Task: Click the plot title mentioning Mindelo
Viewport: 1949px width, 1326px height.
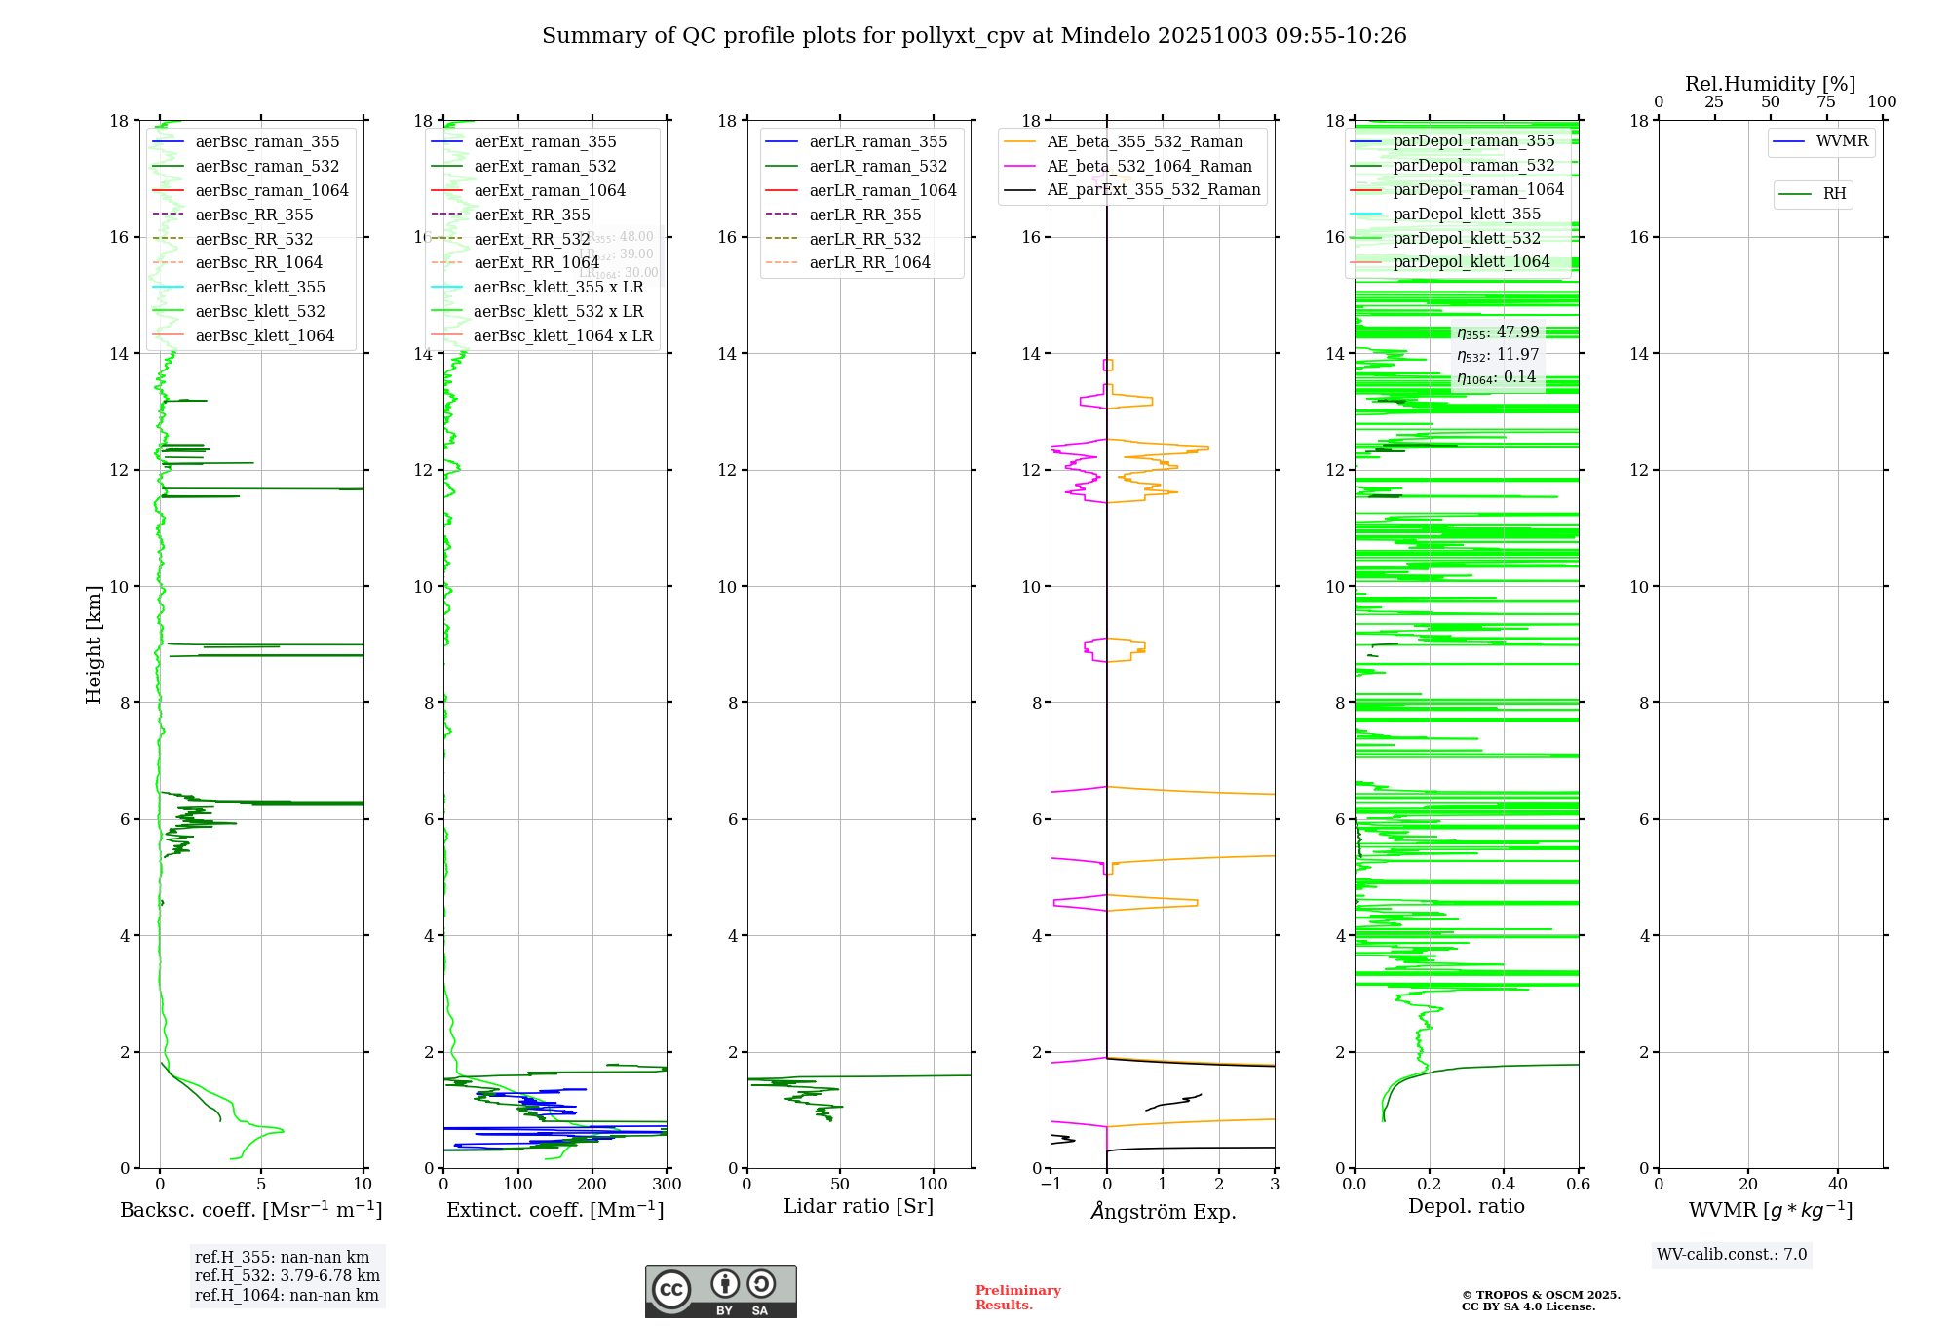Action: [974, 36]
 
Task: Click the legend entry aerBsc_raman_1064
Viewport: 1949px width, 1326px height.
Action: [271, 190]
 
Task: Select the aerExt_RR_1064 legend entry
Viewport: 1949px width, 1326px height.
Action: [536, 262]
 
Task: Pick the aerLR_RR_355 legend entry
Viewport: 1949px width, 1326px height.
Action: [864, 214]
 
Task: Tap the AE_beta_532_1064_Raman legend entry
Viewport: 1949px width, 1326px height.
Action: [1149, 166]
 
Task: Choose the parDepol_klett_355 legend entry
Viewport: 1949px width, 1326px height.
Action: [1467, 214]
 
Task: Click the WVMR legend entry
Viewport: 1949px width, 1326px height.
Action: [1841, 141]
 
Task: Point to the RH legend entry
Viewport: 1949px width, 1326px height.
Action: [1833, 194]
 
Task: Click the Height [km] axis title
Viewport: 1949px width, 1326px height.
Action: [94, 643]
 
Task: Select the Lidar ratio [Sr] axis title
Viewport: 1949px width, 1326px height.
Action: [858, 1206]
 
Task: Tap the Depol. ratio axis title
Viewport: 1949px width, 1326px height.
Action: [1466, 1206]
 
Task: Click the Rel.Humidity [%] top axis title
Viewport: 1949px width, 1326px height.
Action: [1770, 84]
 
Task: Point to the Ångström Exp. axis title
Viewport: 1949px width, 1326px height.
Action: [1163, 1211]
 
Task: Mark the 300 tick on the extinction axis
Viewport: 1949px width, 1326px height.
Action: [667, 1185]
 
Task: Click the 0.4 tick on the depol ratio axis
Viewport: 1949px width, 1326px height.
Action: [1504, 1185]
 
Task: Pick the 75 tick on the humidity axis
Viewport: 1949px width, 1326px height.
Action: [1826, 102]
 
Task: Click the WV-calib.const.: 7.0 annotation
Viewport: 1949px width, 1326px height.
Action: [1732, 1254]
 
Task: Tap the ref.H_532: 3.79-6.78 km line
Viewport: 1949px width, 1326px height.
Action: [287, 1275]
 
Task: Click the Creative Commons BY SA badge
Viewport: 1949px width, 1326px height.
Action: [720, 1291]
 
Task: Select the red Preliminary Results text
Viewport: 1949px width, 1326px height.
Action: [1017, 1297]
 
